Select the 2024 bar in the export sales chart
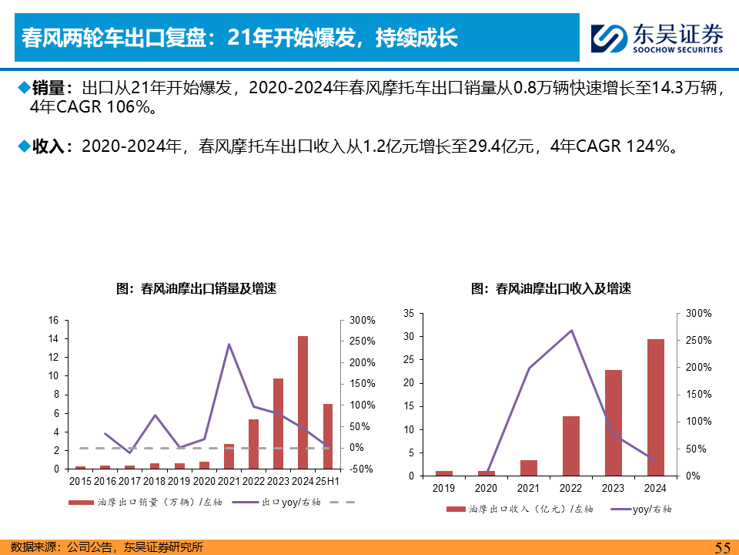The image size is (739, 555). pyautogui.click(x=303, y=402)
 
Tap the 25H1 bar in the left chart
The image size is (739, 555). pyautogui.click(x=327, y=436)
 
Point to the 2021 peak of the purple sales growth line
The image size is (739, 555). pyautogui.click(x=229, y=344)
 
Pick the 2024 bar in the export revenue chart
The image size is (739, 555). pyautogui.click(x=656, y=407)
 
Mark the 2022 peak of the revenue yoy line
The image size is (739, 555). pyautogui.click(x=571, y=331)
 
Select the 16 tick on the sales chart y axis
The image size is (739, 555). pyautogui.click(x=53, y=321)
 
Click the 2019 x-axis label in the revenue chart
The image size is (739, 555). pyautogui.click(x=444, y=488)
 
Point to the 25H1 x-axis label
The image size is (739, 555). pyautogui.click(x=328, y=481)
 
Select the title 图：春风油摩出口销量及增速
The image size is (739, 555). pyautogui.click(x=196, y=289)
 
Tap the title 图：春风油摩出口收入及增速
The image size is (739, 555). pyautogui.click(x=551, y=289)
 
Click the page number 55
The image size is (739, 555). pyautogui.click(x=722, y=547)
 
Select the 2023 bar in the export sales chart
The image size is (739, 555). pyautogui.click(x=278, y=423)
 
